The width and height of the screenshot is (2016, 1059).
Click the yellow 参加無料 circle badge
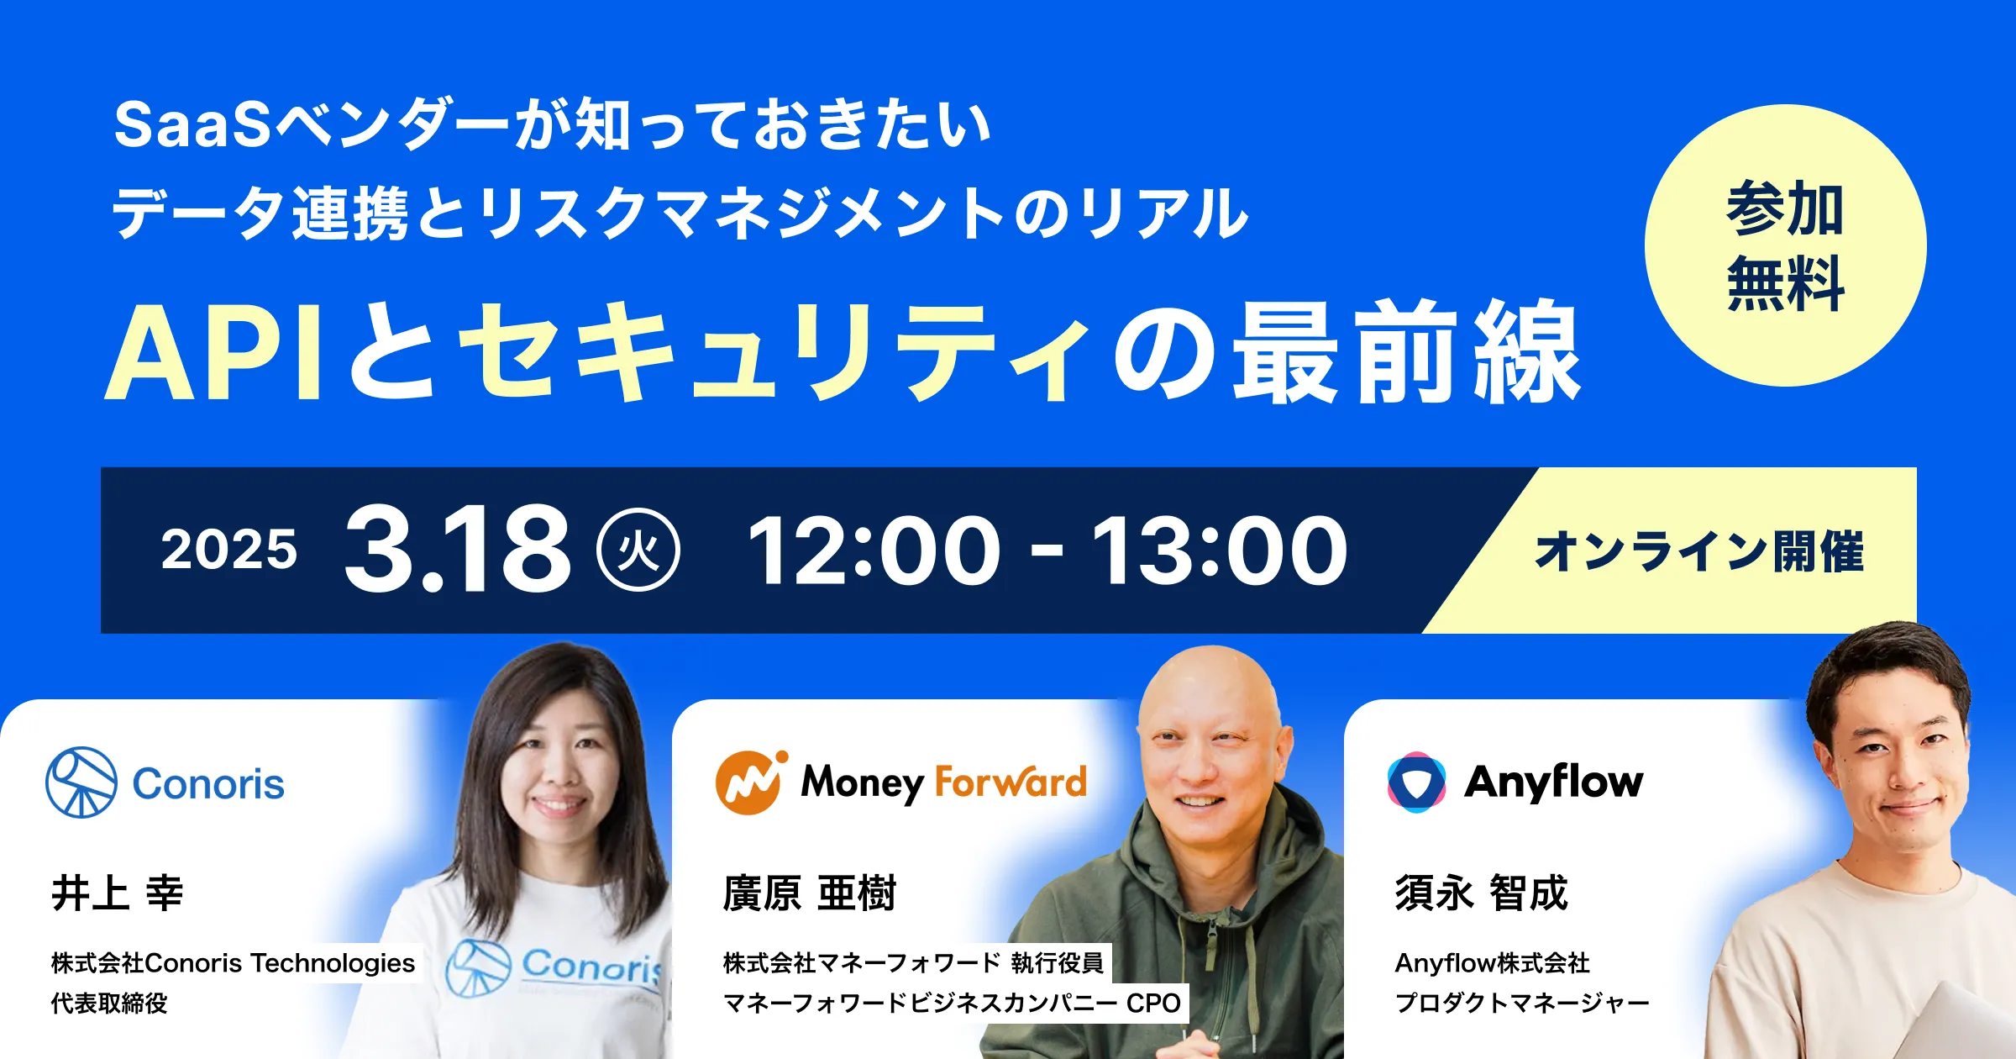(x=1785, y=245)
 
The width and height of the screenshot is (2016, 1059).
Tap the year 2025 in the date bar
(x=228, y=551)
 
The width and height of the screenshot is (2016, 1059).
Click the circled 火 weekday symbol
(x=638, y=551)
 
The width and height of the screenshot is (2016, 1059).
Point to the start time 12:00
(x=874, y=551)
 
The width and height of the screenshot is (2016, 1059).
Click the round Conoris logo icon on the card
(x=81, y=782)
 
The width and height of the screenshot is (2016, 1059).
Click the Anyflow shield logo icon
(x=1416, y=782)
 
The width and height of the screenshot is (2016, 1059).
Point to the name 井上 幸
(x=118, y=893)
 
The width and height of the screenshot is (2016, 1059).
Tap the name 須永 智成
(x=1481, y=893)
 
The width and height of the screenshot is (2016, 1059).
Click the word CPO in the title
(x=1153, y=1003)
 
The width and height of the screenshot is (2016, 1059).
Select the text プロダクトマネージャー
(x=1522, y=1003)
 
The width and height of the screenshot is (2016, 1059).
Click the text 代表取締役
(x=109, y=1003)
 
